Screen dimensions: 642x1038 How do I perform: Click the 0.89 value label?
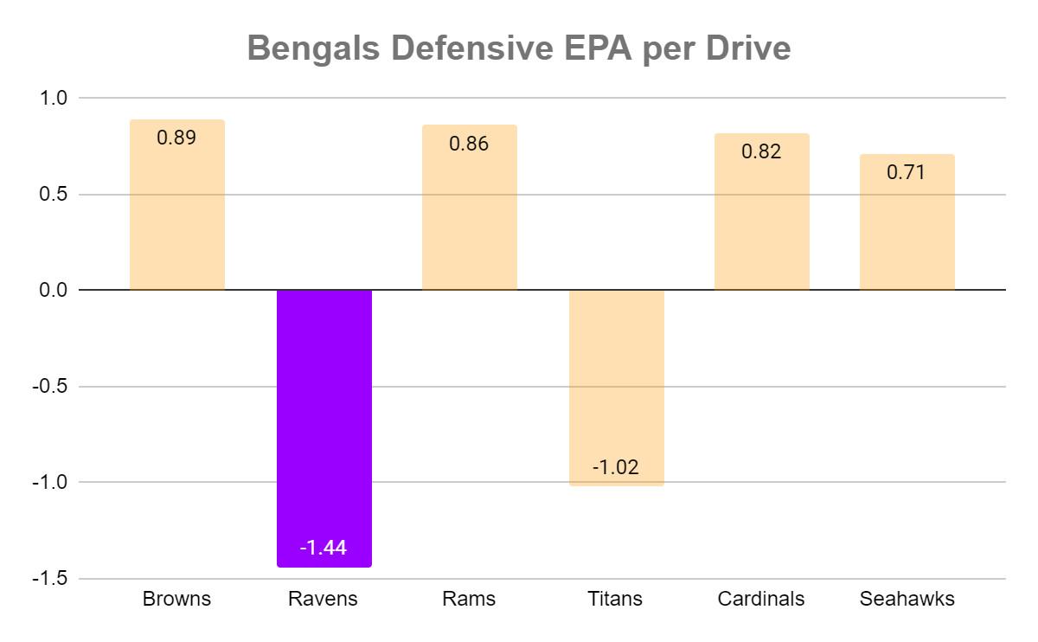click(177, 138)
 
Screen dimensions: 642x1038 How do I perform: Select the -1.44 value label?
click(324, 548)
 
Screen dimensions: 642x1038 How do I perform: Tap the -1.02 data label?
click(616, 467)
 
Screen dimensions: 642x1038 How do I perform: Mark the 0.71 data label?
click(907, 172)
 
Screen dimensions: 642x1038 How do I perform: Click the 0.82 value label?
click(761, 151)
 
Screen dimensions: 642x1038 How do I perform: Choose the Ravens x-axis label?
click(323, 599)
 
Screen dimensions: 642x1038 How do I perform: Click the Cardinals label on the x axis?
click(761, 599)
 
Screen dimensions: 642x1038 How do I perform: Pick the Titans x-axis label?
click(615, 599)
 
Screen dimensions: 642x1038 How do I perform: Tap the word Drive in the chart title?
click(748, 49)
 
